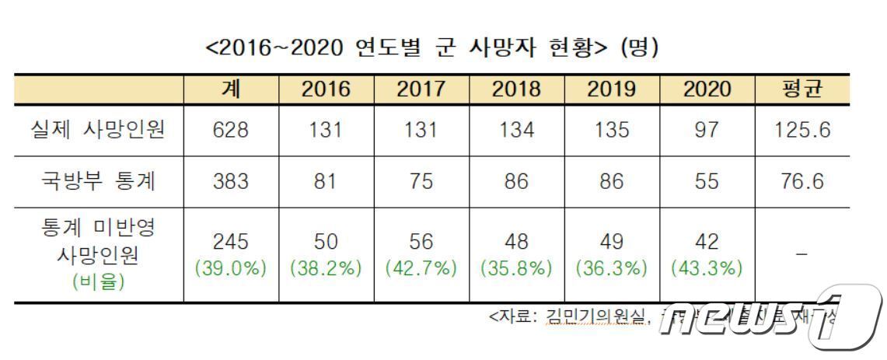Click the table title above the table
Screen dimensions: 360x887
coord(432,47)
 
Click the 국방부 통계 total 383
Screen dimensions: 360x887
coord(231,182)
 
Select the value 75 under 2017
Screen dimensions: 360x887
coord(421,182)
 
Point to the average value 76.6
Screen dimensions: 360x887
coord(802,182)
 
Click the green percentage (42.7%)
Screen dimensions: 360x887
coord(421,269)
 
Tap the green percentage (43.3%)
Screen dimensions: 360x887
coord(707,269)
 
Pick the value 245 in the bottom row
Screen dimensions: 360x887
coord(231,242)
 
